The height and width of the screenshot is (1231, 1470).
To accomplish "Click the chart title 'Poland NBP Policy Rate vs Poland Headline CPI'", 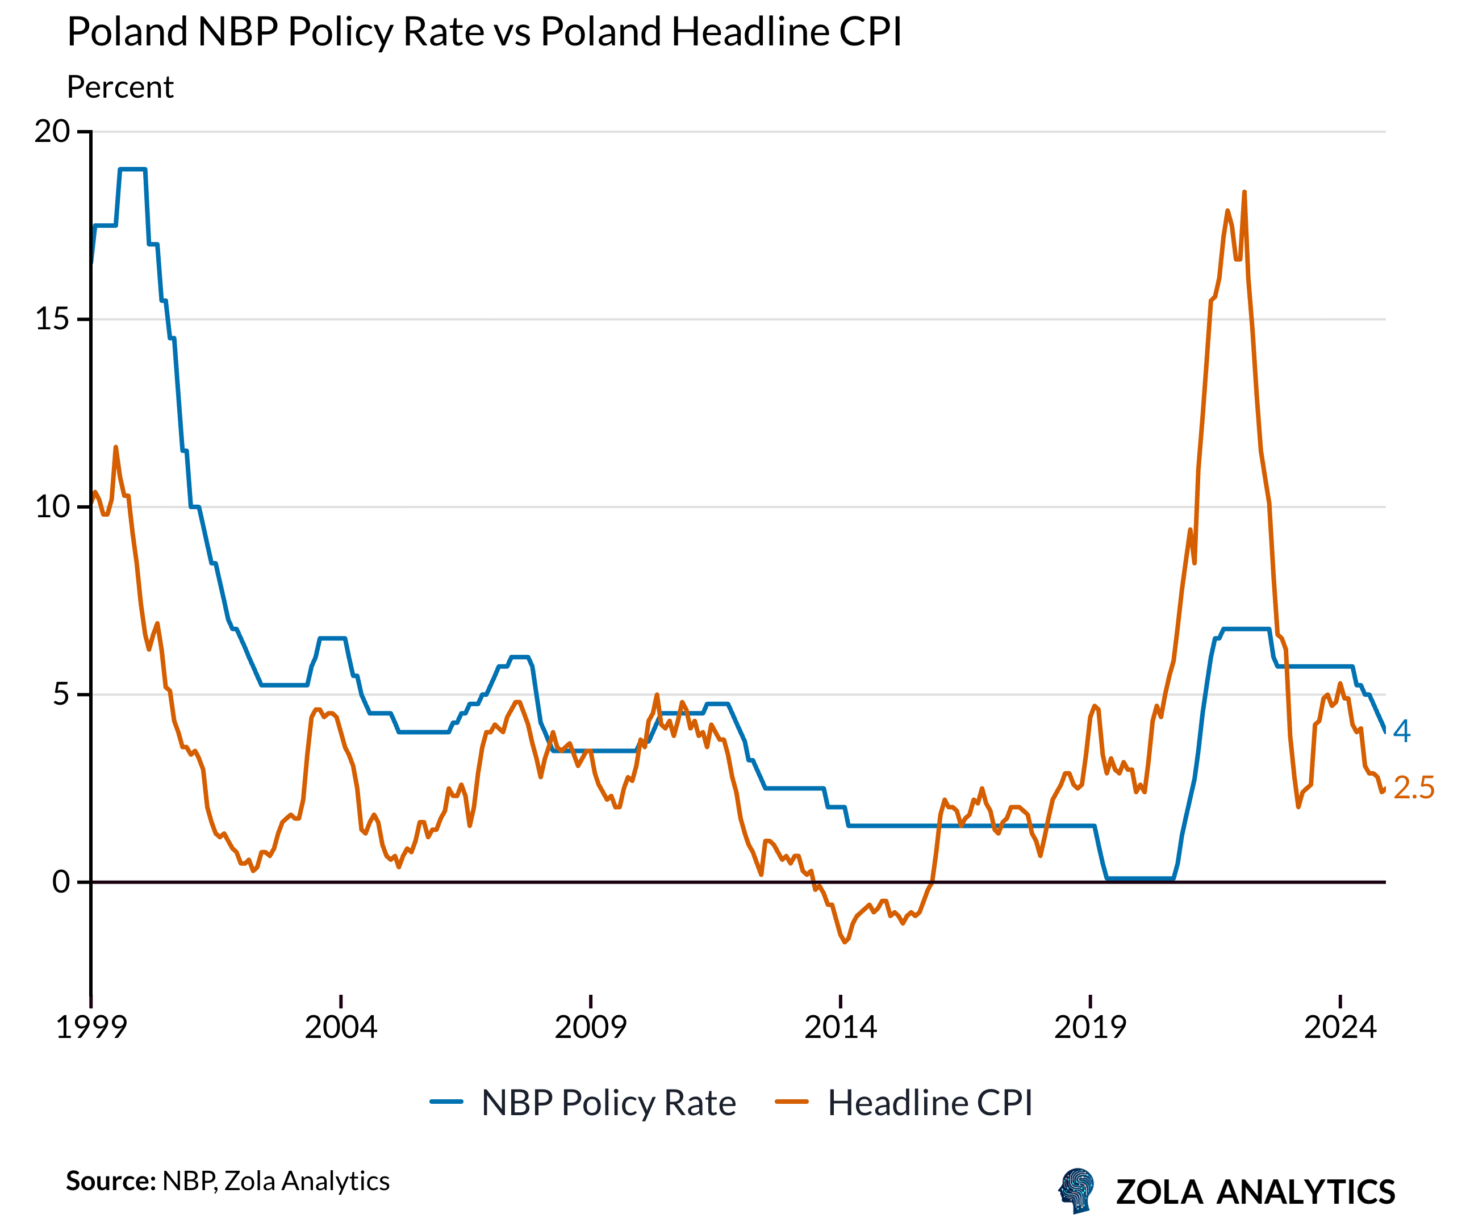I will point(484,32).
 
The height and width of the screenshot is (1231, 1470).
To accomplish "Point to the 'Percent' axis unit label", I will point(120,87).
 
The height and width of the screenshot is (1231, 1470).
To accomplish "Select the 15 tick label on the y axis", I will point(52,319).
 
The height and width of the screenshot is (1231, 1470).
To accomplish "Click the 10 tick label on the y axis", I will point(52,506).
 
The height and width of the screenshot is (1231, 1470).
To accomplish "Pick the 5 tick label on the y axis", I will point(61,694).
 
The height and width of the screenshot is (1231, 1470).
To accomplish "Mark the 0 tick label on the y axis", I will point(61,882).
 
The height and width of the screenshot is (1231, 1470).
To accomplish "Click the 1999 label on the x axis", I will point(91,1027).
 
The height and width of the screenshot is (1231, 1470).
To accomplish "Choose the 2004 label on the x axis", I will point(341,1027).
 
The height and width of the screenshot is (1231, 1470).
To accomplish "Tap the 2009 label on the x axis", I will point(591,1027).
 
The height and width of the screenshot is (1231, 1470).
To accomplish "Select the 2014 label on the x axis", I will point(840,1027).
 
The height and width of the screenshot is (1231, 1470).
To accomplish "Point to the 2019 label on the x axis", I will point(1090,1027).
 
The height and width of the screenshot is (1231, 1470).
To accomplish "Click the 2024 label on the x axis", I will point(1340,1027).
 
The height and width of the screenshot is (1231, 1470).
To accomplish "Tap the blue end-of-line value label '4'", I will point(1401,731).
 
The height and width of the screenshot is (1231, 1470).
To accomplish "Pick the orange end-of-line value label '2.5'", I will point(1413,788).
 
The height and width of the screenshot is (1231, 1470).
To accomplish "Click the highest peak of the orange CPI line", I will point(1244,192).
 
